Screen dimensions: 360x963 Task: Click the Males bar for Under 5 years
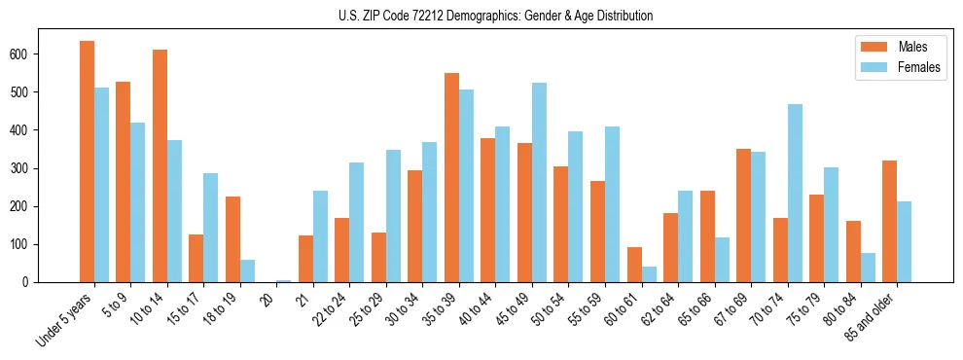(x=88, y=162)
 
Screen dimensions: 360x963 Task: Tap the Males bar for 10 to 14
(x=160, y=165)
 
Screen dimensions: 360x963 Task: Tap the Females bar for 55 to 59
(x=612, y=204)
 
